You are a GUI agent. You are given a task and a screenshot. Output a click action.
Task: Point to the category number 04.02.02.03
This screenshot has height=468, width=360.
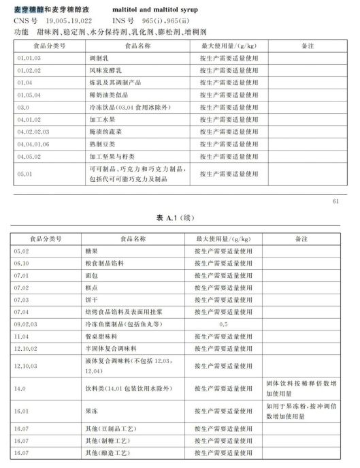[x=34, y=131]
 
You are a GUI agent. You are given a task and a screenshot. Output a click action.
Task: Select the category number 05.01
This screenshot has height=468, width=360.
[x=24, y=174]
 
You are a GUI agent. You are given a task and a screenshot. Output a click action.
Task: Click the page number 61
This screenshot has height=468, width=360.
[x=335, y=202]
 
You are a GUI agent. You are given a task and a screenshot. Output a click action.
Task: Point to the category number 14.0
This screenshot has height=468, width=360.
[x=20, y=388]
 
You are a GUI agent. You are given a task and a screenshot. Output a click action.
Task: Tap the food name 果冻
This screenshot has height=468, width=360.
[x=91, y=411]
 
